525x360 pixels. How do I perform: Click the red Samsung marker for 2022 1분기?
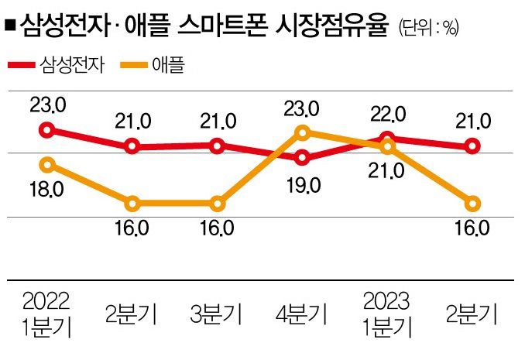pos(47,130)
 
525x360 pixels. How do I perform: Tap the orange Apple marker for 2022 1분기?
pos(47,164)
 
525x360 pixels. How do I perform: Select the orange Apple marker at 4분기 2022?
pos(303,132)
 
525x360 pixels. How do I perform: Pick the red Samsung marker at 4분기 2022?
pos(303,158)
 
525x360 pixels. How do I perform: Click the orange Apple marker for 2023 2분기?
pos(472,204)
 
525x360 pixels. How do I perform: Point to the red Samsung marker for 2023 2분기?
pos(472,146)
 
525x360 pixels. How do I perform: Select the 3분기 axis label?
pos(217,314)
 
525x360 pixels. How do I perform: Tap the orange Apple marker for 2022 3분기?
pos(218,204)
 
